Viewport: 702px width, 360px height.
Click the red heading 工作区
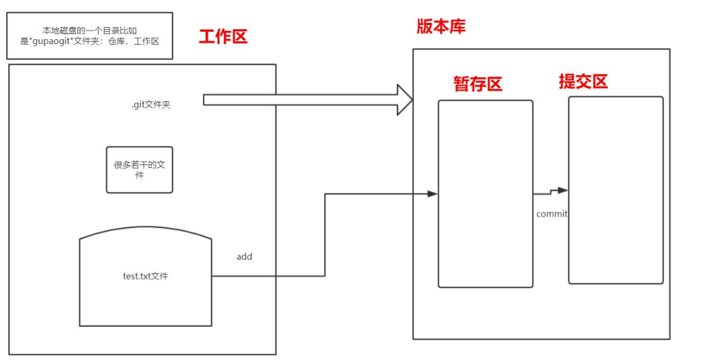click(x=223, y=37)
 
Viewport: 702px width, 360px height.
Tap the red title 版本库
click(x=441, y=26)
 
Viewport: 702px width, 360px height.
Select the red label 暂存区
click(x=477, y=84)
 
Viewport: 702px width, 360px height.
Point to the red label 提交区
click(x=584, y=81)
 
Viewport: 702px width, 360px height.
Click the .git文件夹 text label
click(x=151, y=105)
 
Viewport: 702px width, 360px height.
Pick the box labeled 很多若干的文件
click(x=139, y=170)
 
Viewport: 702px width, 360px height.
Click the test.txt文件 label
click(x=145, y=276)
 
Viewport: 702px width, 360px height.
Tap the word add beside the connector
click(x=244, y=256)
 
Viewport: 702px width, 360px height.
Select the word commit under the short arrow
click(x=552, y=214)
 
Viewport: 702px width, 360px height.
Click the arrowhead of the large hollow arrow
click(x=405, y=100)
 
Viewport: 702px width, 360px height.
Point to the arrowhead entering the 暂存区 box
click(x=432, y=194)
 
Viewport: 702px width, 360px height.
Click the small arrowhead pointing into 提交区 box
click(x=563, y=190)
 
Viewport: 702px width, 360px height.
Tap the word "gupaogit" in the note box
click(x=52, y=42)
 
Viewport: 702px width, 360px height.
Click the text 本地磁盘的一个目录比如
click(x=89, y=30)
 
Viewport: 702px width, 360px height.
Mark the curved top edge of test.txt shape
click(x=145, y=227)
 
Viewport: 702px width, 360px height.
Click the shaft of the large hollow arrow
click(x=300, y=100)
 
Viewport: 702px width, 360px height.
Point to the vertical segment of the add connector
click(x=325, y=235)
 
